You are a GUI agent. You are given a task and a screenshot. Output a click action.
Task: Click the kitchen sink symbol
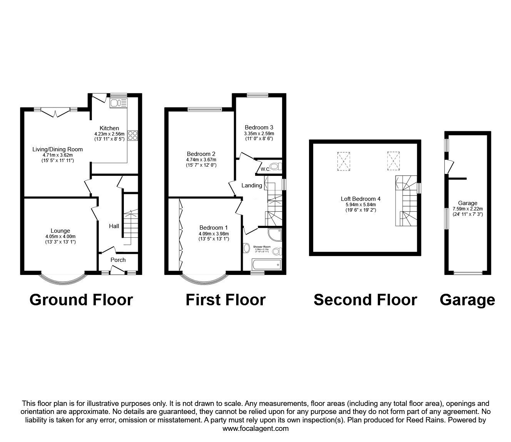[119, 103]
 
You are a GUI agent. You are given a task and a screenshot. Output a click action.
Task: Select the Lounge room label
[60, 231]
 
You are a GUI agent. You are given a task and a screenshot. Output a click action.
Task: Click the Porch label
[118, 260]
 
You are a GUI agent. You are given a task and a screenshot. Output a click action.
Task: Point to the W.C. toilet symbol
[274, 167]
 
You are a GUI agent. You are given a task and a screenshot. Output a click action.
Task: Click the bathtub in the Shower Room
[266, 264]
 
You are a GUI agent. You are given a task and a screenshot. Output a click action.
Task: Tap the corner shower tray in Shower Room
[275, 235]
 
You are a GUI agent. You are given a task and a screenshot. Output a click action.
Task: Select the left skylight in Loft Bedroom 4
[344, 161]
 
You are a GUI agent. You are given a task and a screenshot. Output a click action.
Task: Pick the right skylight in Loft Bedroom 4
[393, 161]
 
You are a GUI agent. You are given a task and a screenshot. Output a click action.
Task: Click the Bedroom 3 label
[259, 127]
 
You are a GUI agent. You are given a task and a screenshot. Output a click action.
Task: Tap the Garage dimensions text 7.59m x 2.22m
[468, 209]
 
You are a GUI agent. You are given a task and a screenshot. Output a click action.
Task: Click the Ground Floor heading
[81, 300]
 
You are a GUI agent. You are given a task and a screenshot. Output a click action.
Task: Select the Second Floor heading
[365, 300]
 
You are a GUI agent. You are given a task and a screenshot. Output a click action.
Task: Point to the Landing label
[252, 185]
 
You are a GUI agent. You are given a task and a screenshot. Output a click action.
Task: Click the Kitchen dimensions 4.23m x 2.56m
[109, 134]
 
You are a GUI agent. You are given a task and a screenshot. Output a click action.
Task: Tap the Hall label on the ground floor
[114, 226]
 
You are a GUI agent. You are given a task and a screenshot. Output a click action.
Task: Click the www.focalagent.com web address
[255, 429]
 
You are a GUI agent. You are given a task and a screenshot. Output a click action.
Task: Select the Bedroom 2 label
[201, 154]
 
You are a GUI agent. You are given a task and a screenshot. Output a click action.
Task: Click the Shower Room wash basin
[246, 248]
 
